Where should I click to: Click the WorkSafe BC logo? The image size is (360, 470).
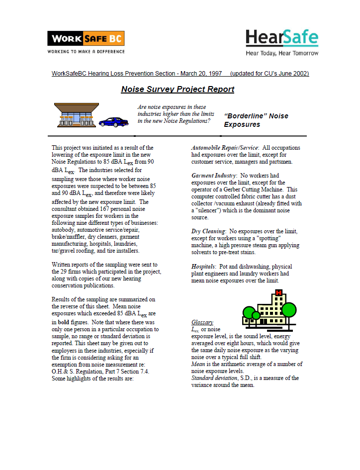[86, 38]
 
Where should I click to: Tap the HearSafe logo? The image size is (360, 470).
[281, 38]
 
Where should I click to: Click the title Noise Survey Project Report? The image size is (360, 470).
[178, 90]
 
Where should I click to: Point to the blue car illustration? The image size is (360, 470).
[113, 122]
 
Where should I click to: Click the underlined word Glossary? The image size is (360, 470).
[202, 322]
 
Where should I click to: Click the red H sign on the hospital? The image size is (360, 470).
[278, 292]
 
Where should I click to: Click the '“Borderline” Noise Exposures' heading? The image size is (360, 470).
[256, 120]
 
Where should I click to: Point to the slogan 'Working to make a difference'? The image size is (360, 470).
[86, 51]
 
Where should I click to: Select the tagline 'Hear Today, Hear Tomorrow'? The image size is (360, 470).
[282, 53]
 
